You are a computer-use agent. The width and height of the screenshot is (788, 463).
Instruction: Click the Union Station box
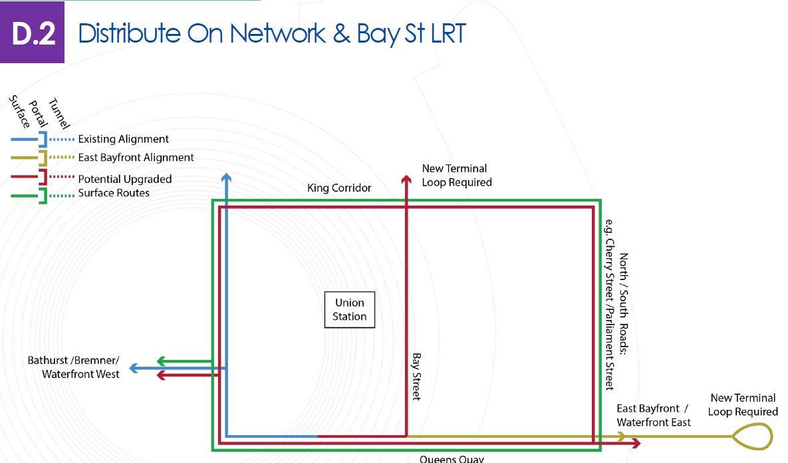coord(350,309)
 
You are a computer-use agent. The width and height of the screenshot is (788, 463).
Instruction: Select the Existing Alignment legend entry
coord(123,139)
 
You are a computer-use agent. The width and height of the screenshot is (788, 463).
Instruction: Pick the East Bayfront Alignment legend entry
coord(136,158)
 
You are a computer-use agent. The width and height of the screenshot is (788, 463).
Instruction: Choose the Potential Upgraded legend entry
coord(124,179)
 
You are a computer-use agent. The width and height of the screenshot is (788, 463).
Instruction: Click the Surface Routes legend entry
coord(114,193)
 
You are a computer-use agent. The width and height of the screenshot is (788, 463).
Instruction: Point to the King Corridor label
coord(339,188)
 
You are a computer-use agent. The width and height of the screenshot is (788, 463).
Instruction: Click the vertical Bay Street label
coord(417,376)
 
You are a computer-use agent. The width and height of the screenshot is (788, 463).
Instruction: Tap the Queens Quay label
coord(452,458)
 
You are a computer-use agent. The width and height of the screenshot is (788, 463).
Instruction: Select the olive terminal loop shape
coord(752,437)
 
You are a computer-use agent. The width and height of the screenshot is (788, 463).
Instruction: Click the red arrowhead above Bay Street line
coord(406,178)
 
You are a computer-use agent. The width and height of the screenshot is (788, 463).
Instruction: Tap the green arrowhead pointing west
coord(161,362)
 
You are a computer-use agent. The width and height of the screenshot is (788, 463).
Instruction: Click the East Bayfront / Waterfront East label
coord(653,415)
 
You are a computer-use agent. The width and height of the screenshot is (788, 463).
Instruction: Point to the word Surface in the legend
coord(19,111)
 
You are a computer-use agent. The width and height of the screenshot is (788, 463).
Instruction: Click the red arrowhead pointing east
coord(636,443)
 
